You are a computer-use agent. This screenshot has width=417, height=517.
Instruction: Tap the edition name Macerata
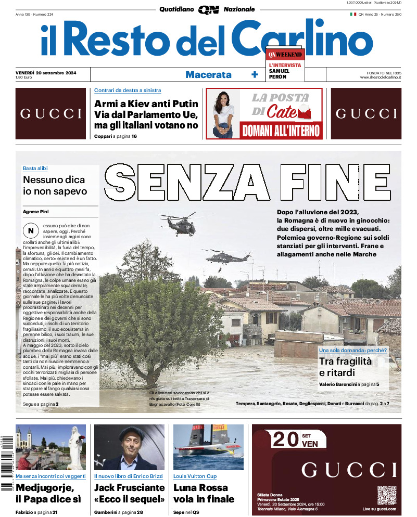(x=208, y=74)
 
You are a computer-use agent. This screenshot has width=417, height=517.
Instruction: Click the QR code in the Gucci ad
(x=386, y=495)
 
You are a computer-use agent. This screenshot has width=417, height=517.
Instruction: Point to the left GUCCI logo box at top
(x=50, y=113)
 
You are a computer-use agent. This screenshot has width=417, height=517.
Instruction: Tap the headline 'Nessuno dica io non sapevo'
(x=55, y=185)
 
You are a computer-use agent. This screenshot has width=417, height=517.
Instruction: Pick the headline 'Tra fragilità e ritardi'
(x=345, y=367)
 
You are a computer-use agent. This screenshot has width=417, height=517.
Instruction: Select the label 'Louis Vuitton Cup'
(x=195, y=476)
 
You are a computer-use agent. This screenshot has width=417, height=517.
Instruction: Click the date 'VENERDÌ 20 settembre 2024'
(x=46, y=72)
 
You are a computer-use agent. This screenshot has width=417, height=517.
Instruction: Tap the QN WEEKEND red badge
(x=285, y=54)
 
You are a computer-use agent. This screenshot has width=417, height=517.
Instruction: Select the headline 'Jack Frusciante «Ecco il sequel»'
(x=129, y=493)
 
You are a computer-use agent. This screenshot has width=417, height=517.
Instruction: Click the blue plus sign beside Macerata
(x=255, y=74)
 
